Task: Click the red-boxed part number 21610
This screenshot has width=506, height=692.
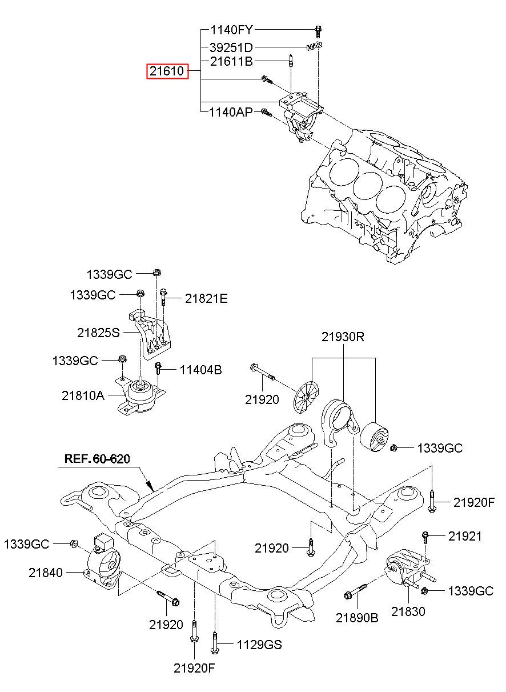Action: tap(167, 71)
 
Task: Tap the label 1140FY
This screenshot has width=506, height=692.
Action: tap(231, 30)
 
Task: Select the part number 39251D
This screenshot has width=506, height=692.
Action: tap(231, 47)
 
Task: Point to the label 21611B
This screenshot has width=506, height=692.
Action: tap(231, 62)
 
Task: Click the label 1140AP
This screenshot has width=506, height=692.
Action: tap(231, 113)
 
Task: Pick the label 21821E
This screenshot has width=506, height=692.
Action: tap(206, 299)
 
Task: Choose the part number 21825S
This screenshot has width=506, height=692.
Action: tap(98, 333)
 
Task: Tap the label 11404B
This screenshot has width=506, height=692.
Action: tap(200, 370)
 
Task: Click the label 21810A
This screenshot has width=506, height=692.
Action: tap(83, 396)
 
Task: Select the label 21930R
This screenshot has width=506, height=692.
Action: tap(343, 337)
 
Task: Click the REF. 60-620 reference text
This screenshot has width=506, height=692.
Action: tap(97, 459)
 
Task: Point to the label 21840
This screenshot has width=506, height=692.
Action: tap(45, 573)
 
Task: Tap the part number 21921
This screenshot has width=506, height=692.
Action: tap(465, 537)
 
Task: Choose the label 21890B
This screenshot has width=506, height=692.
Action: tap(357, 618)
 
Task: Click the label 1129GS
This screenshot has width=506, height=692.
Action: tap(259, 645)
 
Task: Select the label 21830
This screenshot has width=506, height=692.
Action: tap(408, 611)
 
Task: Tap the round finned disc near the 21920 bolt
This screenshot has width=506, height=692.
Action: tap(306, 397)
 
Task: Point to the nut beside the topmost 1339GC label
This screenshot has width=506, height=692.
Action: tap(157, 273)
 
